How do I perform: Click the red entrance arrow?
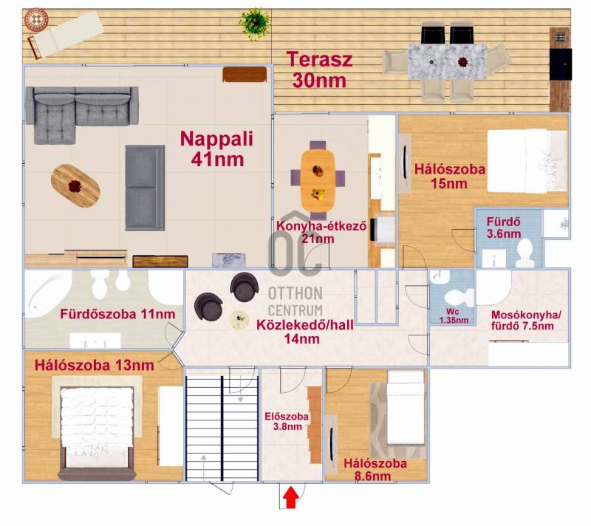click(x=290, y=497)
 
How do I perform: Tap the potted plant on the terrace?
click(x=255, y=24)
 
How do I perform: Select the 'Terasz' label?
click(x=320, y=60)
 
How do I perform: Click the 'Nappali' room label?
click(x=216, y=139)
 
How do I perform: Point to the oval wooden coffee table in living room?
click(x=75, y=185)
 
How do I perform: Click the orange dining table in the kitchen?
click(x=318, y=180)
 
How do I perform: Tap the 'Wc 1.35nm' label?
click(x=454, y=316)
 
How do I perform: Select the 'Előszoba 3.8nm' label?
click(x=287, y=421)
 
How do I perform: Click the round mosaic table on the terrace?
click(x=36, y=20)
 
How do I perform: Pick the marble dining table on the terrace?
click(x=447, y=61)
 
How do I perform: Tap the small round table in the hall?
click(x=239, y=320)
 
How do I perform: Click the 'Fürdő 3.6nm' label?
click(x=504, y=228)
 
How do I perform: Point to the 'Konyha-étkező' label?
click(x=321, y=226)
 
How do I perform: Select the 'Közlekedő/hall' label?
click(x=305, y=325)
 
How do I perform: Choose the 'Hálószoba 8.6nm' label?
click(x=375, y=469)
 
